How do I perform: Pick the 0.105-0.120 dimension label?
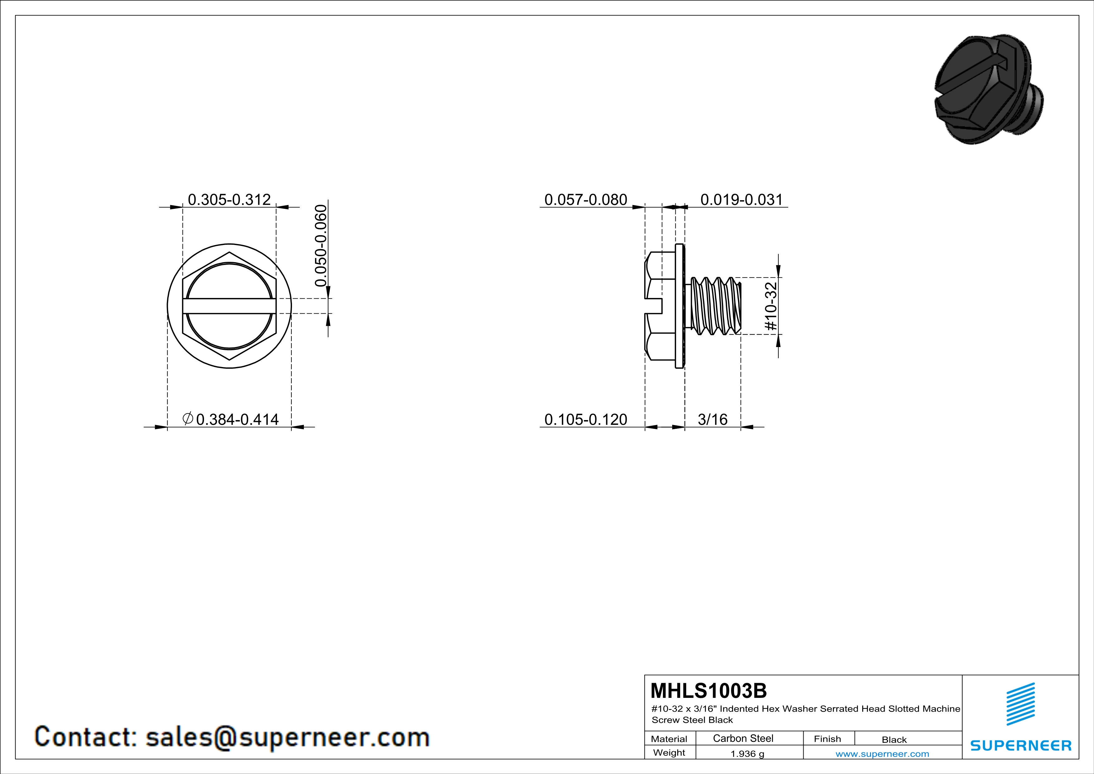pyautogui.click(x=586, y=419)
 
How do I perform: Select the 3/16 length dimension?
pyautogui.click(x=712, y=419)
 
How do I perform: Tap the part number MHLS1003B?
pyautogui.click(x=708, y=691)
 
